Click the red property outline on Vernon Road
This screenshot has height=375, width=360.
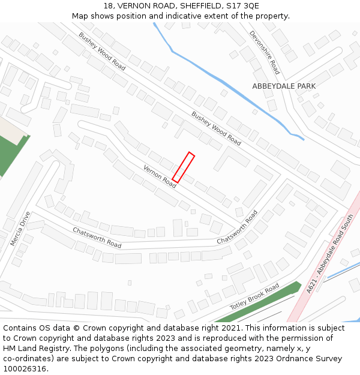tap(184, 167)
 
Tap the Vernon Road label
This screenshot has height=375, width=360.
tap(160, 176)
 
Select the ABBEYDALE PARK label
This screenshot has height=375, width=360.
tap(284, 86)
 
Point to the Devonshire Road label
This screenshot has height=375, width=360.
tap(265, 52)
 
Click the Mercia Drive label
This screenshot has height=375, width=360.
tap(20, 229)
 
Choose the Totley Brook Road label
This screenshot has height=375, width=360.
tap(254, 297)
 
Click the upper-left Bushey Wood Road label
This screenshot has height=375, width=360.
tap(102, 51)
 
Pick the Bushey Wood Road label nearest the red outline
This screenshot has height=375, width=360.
tap(216, 128)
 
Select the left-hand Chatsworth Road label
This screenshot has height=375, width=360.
tap(97, 238)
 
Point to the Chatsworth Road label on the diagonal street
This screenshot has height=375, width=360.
tap(237, 227)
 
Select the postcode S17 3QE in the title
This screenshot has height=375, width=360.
tap(242, 5)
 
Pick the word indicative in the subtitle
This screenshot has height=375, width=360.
tap(190, 16)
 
